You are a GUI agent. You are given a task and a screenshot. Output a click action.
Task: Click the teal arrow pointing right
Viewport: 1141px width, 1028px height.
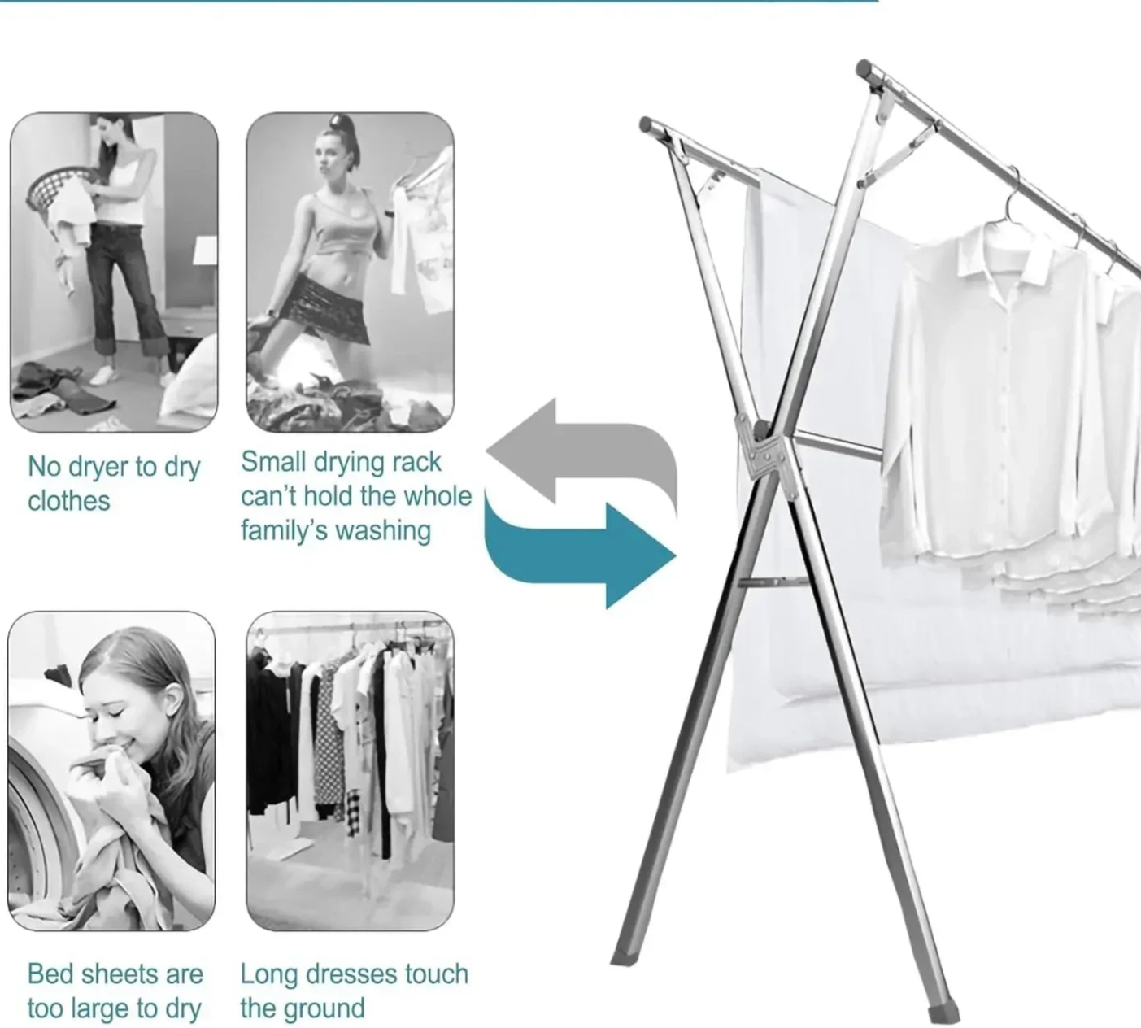click(574, 555)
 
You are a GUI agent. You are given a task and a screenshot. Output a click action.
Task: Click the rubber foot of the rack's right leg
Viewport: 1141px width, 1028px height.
click(943, 1014)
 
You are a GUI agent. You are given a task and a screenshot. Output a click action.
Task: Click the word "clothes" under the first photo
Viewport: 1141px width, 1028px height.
click(69, 501)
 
